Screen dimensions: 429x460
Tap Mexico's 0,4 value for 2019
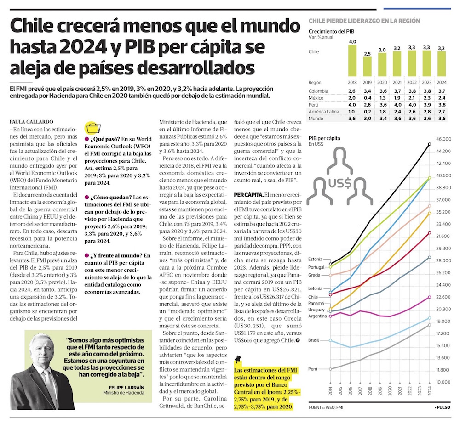pos(367,98)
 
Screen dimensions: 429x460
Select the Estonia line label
pos(316,259)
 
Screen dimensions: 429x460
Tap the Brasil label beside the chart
pos(315,340)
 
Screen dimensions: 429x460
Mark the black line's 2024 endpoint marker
pos(430,144)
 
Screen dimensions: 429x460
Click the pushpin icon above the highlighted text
pos(238,358)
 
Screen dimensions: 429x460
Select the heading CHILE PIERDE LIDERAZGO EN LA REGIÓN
pos(364,21)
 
